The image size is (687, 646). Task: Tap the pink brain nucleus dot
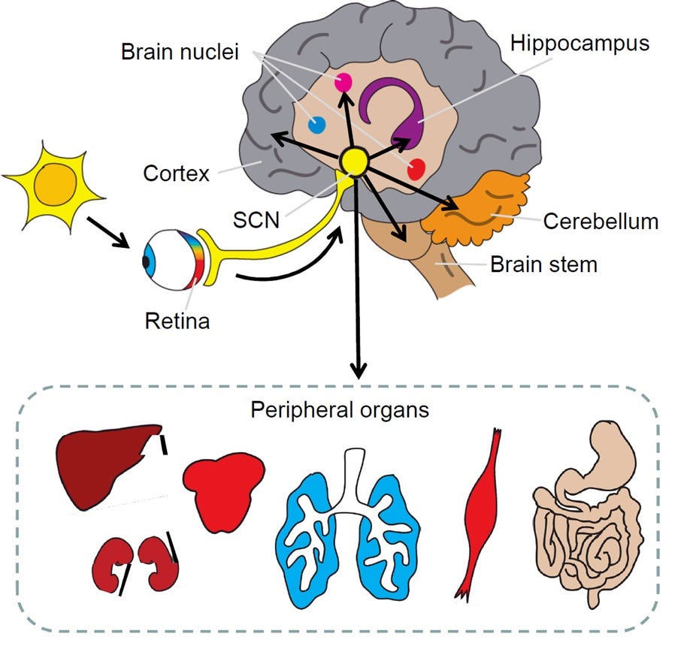click(x=344, y=83)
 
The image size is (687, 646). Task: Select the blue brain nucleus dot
click(x=317, y=125)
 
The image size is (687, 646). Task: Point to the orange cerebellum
click(x=481, y=207)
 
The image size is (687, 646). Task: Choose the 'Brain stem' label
click(x=543, y=264)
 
